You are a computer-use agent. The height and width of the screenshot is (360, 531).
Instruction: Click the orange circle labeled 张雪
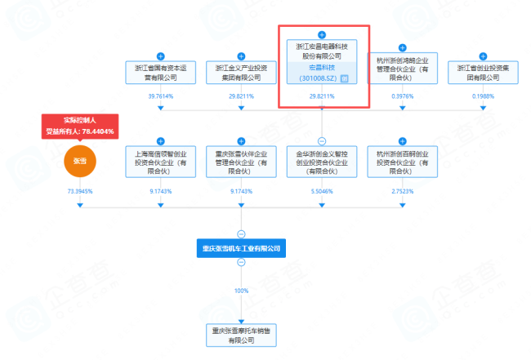(80, 162)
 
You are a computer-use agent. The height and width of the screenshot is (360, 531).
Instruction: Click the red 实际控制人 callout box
(80, 126)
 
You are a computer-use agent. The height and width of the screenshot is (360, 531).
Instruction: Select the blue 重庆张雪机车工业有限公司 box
(241, 247)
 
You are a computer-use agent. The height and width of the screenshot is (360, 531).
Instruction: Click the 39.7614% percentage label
(160, 96)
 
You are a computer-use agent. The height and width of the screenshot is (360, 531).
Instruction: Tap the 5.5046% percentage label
(322, 190)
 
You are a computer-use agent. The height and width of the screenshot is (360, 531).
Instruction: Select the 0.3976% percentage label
(402, 96)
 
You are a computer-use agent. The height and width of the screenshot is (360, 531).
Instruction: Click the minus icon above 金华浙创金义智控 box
(322, 140)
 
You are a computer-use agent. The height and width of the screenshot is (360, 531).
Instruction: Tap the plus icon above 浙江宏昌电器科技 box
(322, 35)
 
